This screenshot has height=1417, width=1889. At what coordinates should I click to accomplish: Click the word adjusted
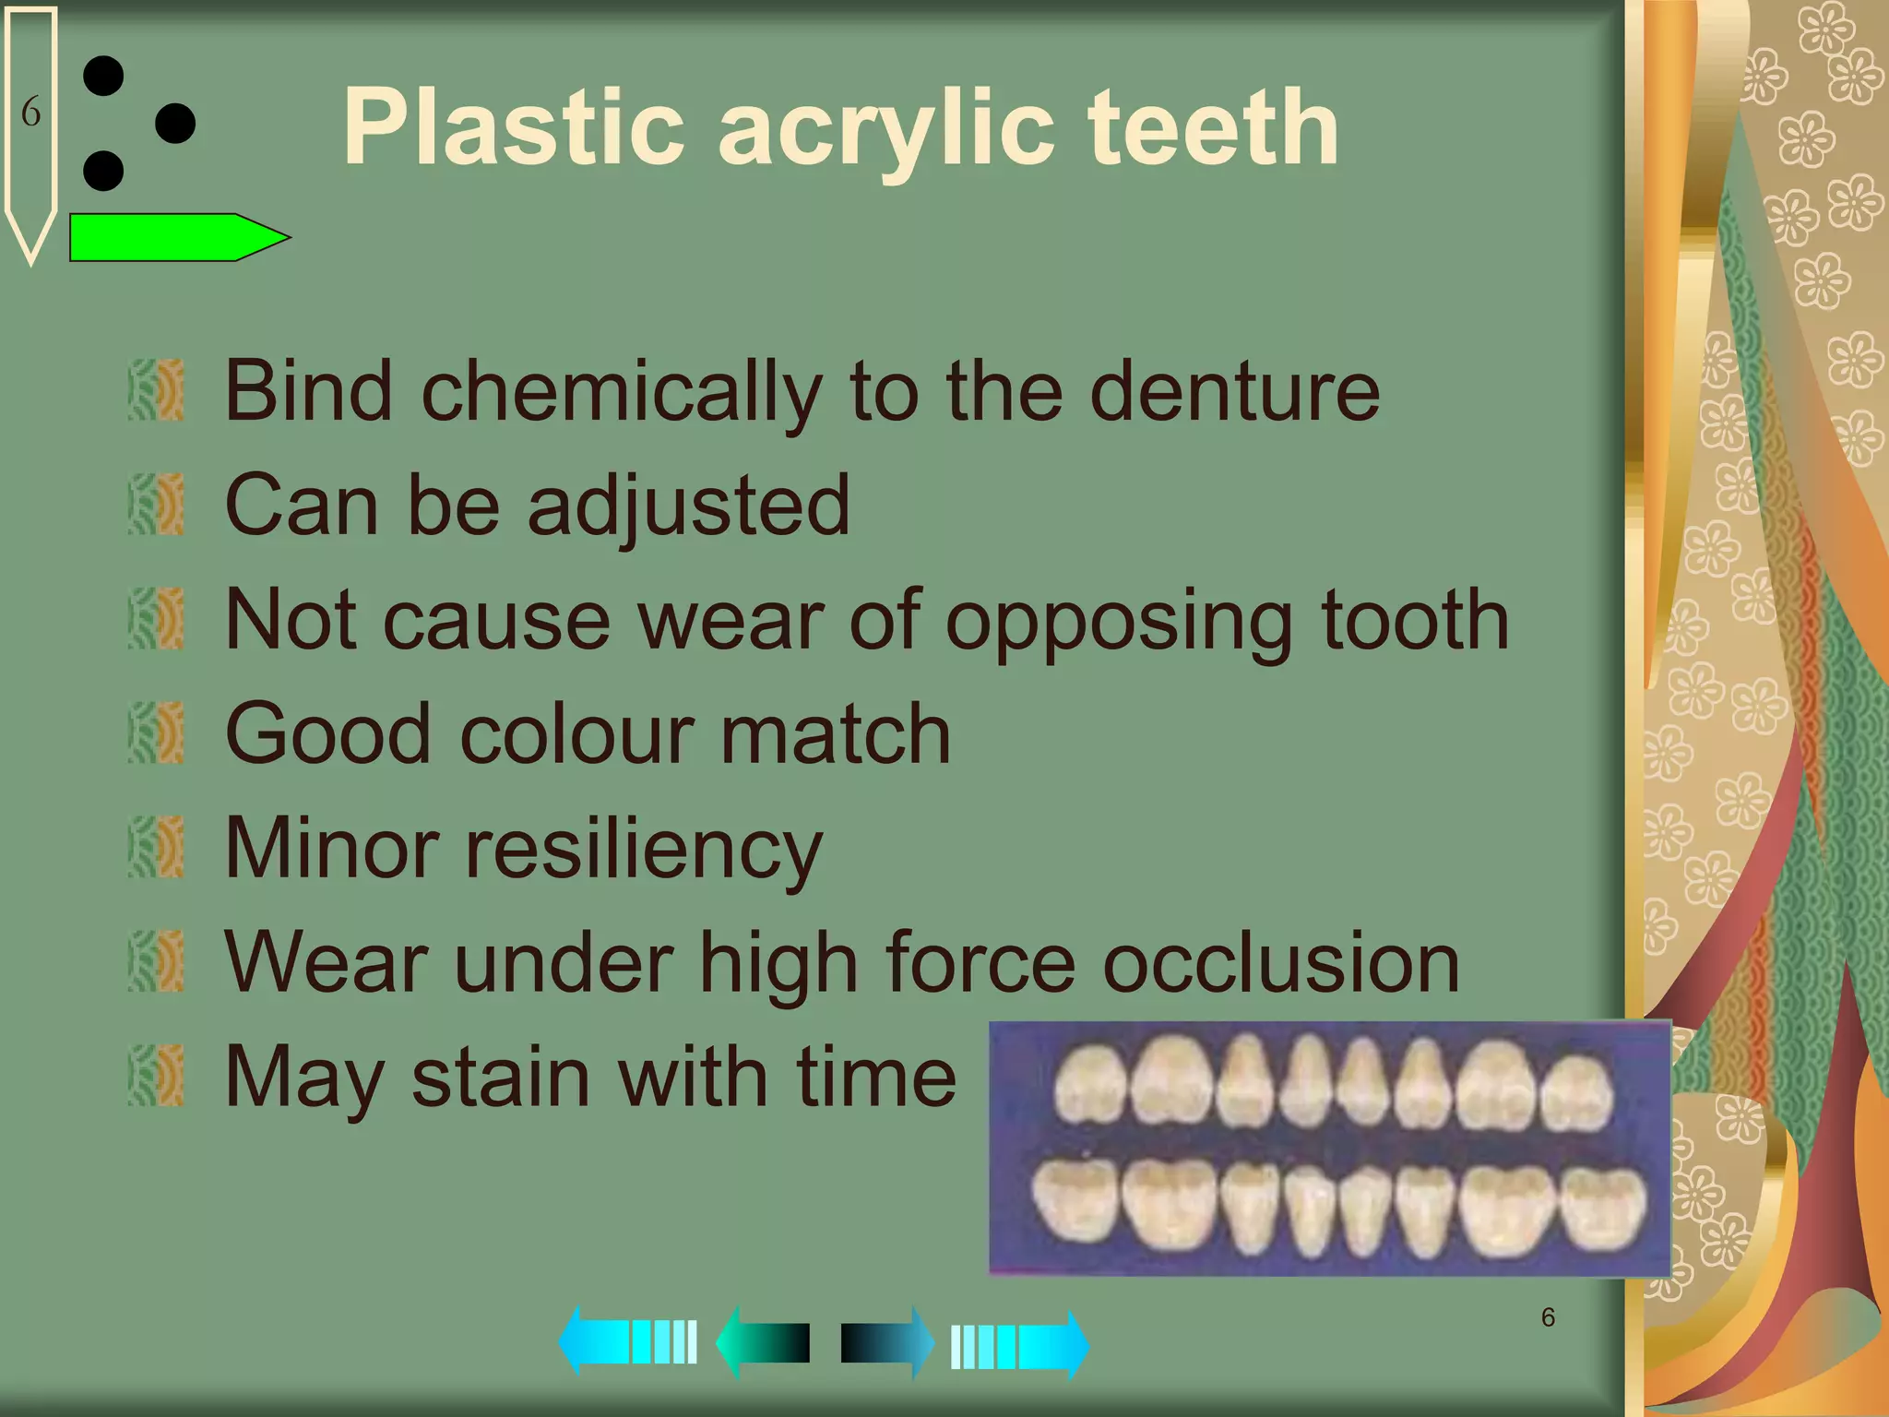coord(688,506)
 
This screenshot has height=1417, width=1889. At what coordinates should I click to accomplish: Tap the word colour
coord(576,734)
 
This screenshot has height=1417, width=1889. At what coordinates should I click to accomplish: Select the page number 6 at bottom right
coord(1549,1317)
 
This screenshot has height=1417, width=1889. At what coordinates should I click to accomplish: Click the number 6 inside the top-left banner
coord(30,113)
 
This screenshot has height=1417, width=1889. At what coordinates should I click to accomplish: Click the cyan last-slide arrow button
coord(1019,1345)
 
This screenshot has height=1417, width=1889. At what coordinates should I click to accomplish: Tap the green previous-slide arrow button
coord(764,1343)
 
